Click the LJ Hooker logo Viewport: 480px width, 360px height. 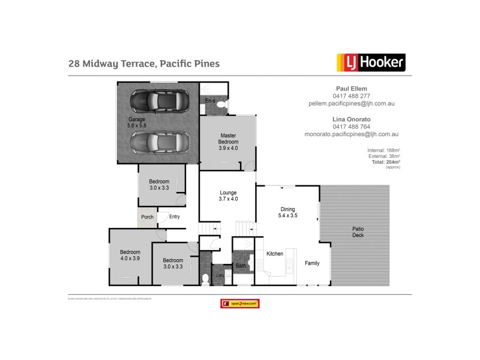370,62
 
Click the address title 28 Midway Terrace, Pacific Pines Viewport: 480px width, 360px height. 144,63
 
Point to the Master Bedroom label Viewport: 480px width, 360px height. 228,142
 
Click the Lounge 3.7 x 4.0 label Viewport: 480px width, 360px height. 228,196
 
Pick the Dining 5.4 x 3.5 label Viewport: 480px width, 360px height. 289,212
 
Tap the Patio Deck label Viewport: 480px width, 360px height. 358,232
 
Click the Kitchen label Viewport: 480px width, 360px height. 275,254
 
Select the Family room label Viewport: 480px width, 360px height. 312,263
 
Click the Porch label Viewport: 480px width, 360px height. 147,217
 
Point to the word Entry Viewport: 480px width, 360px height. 175,217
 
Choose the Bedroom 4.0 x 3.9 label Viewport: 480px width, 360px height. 130,255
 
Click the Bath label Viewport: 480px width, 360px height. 241,266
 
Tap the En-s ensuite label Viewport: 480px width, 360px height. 210,100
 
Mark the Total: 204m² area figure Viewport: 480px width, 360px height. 386,162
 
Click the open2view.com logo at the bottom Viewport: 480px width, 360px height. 240,304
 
